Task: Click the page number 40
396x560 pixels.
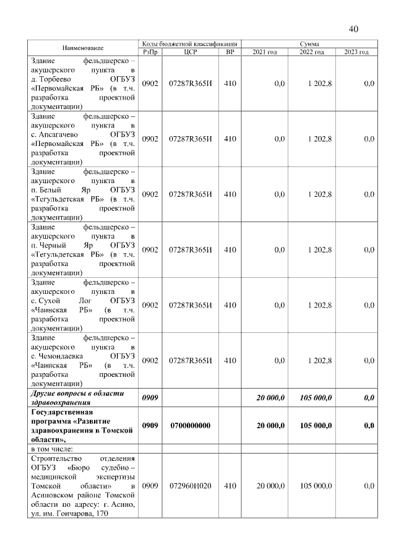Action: [353, 28]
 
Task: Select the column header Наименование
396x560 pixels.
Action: [82, 48]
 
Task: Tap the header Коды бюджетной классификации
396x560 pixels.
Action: [190, 43]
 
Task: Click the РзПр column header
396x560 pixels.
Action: [150, 52]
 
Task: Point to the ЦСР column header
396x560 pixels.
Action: [191, 52]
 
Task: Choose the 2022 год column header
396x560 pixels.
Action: [312, 52]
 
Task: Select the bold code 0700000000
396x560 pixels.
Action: [191, 426]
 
